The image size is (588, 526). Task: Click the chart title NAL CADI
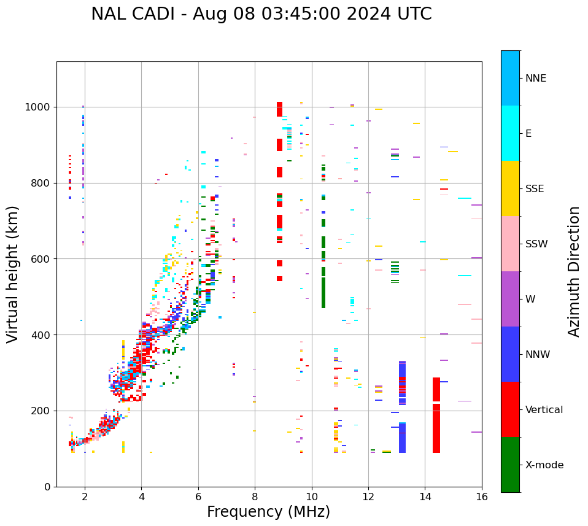[261, 14]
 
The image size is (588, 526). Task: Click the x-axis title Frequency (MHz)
[268, 512]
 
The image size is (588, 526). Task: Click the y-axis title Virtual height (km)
[13, 274]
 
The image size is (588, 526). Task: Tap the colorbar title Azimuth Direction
[574, 271]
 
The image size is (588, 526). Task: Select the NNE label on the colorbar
[535, 79]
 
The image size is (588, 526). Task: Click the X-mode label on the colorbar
[544, 465]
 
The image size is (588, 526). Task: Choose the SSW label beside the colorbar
[536, 244]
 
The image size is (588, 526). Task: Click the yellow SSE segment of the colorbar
[510, 188]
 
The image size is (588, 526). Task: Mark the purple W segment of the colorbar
[510, 299]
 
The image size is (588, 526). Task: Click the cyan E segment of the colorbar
[510, 133]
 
